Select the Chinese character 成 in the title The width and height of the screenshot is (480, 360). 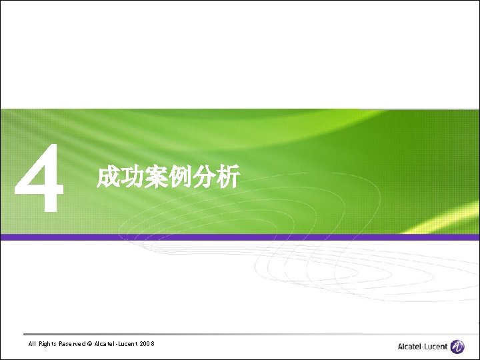108,178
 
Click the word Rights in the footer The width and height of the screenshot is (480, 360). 48,344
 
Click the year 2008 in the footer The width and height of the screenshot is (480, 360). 147,344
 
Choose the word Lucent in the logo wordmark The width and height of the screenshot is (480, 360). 436,347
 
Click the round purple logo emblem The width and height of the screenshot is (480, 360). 457,346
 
